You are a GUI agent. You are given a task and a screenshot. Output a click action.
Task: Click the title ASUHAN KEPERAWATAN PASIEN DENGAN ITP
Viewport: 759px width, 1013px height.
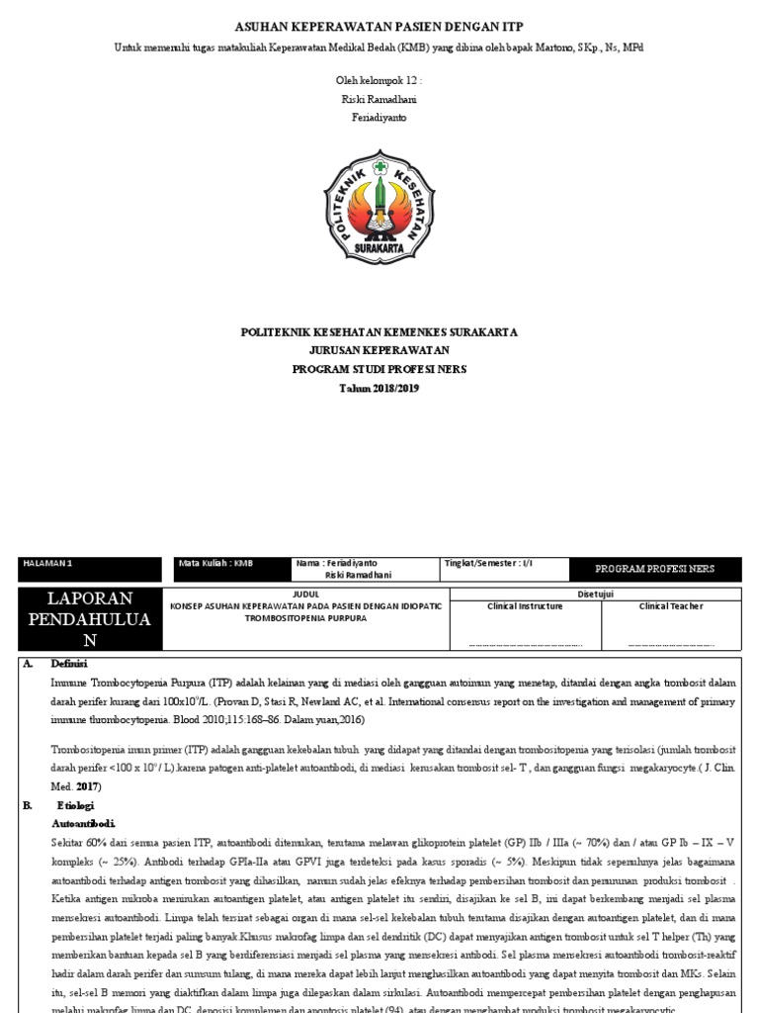[x=379, y=26]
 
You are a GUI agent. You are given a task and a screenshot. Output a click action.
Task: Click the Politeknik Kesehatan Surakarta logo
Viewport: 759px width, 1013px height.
[x=379, y=204]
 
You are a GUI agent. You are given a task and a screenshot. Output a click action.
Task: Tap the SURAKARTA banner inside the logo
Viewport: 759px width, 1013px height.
[x=379, y=249]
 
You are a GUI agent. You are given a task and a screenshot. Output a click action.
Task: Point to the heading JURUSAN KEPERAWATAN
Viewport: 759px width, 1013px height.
[x=379, y=350]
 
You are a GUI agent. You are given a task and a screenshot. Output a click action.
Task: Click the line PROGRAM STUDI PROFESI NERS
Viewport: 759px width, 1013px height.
[x=379, y=369]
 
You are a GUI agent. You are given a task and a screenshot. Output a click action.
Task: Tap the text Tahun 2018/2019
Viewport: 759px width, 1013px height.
[x=379, y=388]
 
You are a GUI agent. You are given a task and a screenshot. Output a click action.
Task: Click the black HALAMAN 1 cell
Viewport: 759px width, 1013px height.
[x=90, y=569]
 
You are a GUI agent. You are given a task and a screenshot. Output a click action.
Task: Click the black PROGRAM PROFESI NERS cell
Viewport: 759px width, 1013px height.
[x=654, y=569]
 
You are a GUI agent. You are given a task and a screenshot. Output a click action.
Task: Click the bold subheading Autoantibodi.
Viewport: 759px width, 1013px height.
[x=83, y=823]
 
